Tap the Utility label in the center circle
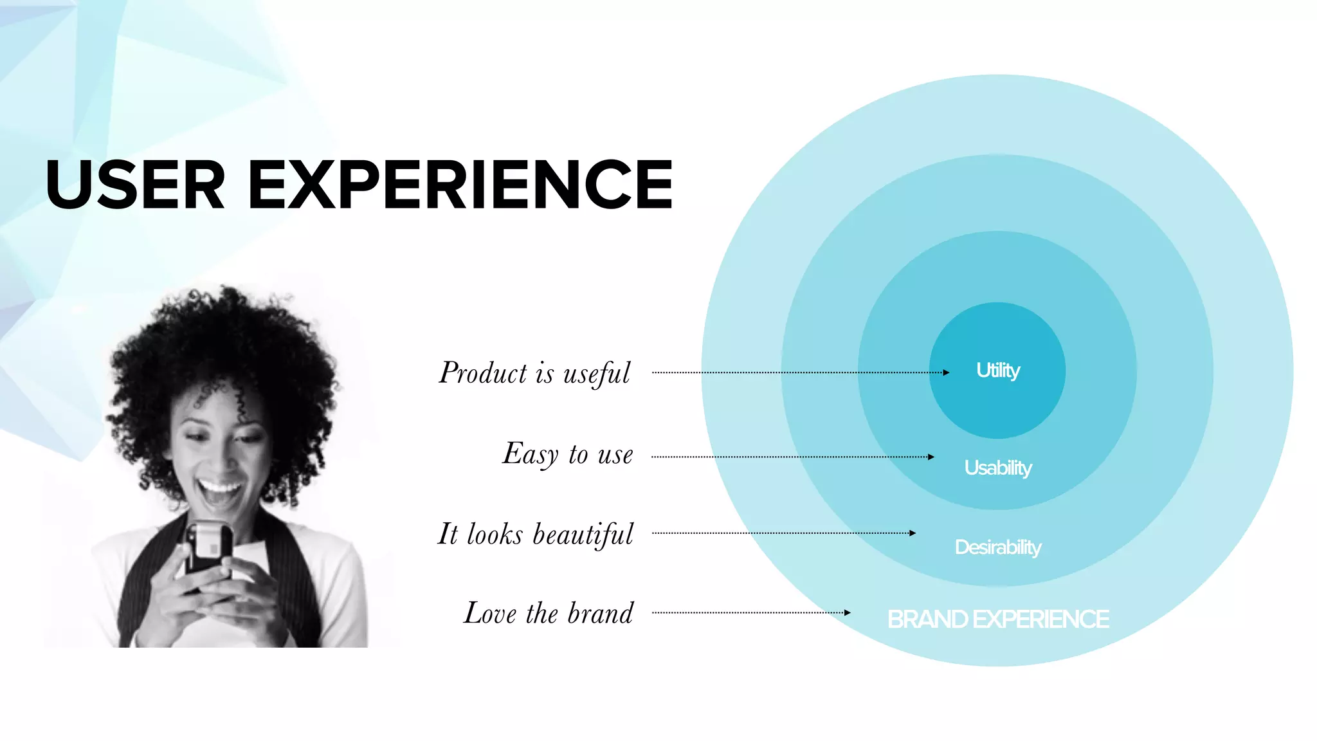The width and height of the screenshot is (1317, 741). [x=997, y=370]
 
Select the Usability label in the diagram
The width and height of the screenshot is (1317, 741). [x=997, y=468]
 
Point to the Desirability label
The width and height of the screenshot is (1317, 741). [x=997, y=547]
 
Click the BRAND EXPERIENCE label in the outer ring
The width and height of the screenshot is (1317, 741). [x=997, y=619]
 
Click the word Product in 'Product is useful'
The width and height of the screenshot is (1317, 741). [x=483, y=373]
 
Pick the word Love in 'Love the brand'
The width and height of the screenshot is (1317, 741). [x=490, y=613]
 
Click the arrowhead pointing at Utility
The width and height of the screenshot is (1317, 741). [x=946, y=372]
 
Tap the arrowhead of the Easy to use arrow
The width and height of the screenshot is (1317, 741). [x=931, y=457]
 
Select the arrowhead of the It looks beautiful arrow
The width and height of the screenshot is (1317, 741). [x=913, y=533]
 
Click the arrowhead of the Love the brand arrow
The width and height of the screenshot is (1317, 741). [x=847, y=612]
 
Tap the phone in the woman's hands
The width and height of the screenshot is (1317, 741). [x=209, y=547]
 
